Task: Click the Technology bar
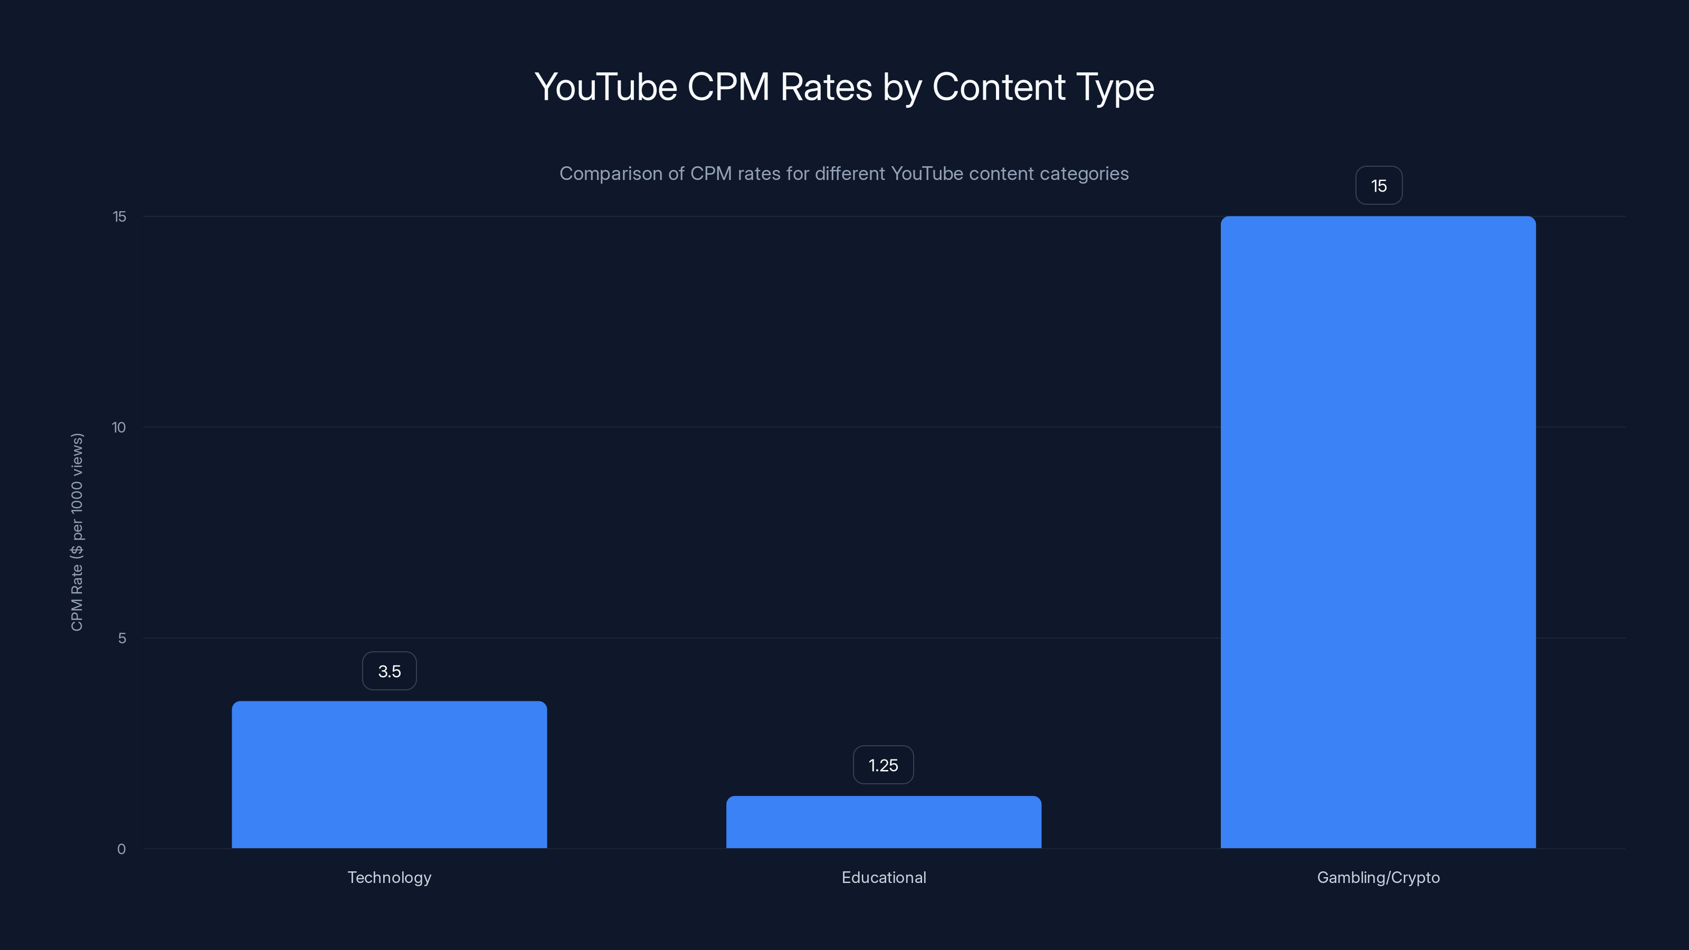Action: [x=389, y=774]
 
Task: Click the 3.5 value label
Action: [x=390, y=671]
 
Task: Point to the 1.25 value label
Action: [x=883, y=765]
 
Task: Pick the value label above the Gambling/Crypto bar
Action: [x=1379, y=186]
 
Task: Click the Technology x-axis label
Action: [x=390, y=877]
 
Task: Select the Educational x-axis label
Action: [x=884, y=877]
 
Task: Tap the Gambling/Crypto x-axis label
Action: [x=1378, y=877]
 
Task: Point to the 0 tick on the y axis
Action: [x=121, y=849]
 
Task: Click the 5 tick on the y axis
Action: [x=122, y=638]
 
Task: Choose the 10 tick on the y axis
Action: [x=119, y=427]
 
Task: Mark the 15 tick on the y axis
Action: [x=119, y=216]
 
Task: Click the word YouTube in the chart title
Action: [x=606, y=87]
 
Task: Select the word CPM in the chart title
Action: [x=728, y=87]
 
